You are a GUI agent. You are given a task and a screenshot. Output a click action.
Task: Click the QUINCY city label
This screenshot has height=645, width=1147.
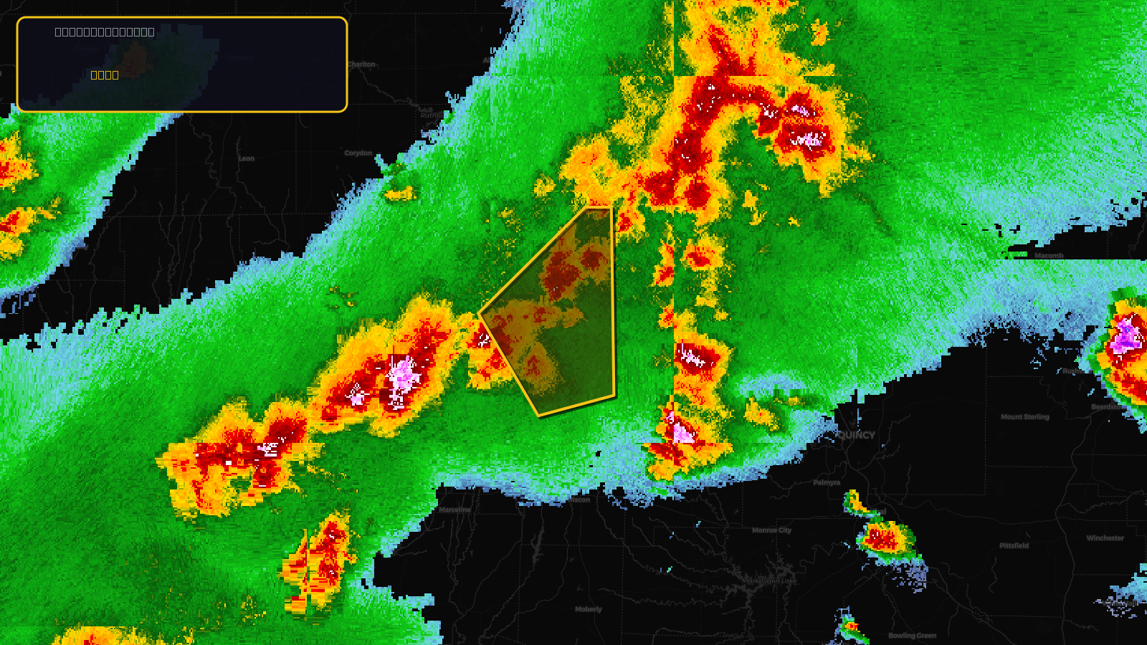856,435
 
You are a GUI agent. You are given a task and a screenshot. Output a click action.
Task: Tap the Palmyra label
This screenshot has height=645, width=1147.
827,482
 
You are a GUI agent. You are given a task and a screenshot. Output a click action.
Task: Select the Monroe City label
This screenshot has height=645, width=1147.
771,530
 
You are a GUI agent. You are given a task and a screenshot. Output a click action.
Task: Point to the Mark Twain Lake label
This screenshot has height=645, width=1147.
769,581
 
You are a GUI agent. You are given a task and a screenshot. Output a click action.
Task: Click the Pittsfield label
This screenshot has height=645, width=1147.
1014,545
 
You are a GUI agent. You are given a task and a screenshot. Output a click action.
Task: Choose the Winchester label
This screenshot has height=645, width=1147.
1105,538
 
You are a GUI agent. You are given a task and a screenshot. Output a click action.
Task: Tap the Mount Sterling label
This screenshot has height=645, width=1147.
1024,416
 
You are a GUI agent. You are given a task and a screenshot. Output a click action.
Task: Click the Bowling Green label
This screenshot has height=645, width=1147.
912,636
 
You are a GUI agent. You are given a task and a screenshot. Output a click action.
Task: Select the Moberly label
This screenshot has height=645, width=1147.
589,609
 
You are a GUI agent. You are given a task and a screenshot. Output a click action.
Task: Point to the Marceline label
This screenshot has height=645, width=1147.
455,510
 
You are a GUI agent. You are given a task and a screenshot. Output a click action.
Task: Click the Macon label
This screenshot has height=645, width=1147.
580,500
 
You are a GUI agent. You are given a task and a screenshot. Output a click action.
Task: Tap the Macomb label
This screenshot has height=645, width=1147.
1049,255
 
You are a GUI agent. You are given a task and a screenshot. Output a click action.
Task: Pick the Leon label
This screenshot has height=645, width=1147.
246,158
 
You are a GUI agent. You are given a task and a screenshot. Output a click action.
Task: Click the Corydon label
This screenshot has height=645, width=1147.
358,153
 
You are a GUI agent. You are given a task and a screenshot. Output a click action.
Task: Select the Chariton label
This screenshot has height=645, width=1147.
361,64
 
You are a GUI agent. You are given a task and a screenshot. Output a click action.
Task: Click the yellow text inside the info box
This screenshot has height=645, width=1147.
105,75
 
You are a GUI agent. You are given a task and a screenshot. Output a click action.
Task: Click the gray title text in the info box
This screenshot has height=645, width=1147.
105,32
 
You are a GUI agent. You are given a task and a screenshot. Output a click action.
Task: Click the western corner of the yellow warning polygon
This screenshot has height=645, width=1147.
480,314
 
